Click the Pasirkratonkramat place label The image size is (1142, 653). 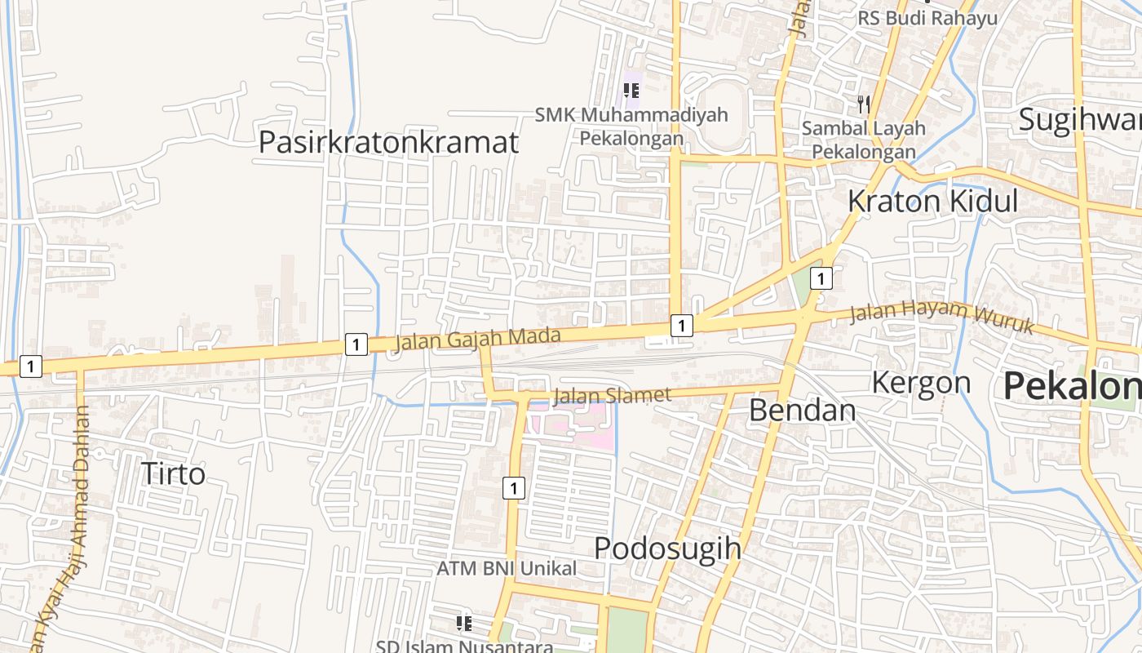coord(388,142)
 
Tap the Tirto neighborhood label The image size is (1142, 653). coord(173,473)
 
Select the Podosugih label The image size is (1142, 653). coord(667,548)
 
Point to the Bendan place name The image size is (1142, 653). coord(802,410)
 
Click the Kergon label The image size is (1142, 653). coord(921,382)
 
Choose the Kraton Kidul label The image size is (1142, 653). coord(932,201)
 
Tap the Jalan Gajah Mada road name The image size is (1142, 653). coord(478,337)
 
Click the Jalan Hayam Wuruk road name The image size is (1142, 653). coord(941,318)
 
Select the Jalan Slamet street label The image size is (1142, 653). coord(612,396)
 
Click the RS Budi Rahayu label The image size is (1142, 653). coord(927,18)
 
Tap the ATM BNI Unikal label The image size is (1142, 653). coord(507,568)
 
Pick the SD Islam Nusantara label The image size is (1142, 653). coord(464,646)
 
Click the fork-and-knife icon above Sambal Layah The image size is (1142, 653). coord(863,104)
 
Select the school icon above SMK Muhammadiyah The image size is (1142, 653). coord(631,90)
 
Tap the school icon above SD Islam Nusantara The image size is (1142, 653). coord(464,624)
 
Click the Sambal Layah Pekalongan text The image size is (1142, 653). coord(864,140)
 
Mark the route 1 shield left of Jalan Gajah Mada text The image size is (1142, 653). coord(356,344)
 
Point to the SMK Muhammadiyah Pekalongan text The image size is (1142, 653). coord(631,127)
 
